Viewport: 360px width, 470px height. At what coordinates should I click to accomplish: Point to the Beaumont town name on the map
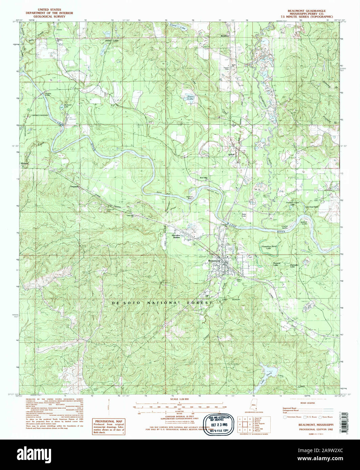pyautogui.click(x=214, y=261)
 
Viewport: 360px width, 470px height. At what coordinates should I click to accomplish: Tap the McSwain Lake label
pyautogui.click(x=69, y=106)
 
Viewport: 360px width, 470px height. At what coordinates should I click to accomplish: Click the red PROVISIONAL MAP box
pyautogui.click(x=109, y=426)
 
